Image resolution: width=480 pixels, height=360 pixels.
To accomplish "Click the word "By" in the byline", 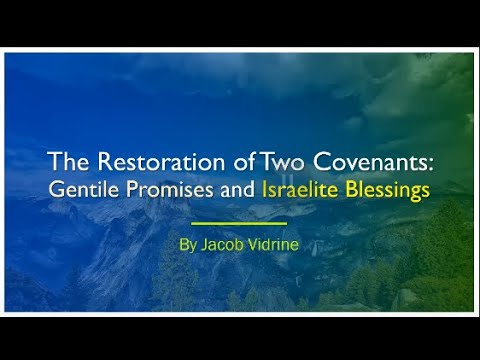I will tap(189, 243).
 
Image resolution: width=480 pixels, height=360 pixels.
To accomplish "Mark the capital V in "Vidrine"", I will tap(252, 243).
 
